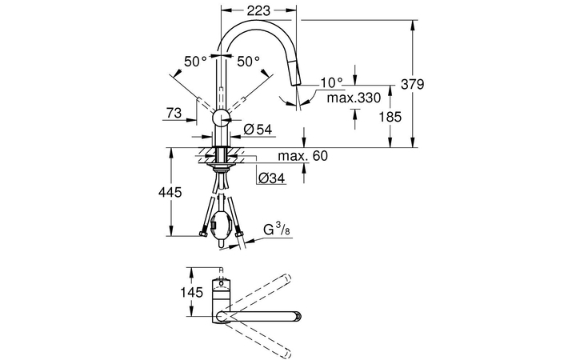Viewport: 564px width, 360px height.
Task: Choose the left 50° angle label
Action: (x=194, y=61)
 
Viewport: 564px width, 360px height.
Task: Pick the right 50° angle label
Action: (x=248, y=61)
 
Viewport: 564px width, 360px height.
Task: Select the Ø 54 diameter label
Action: (x=258, y=129)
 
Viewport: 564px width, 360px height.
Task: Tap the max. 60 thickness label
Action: (x=303, y=155)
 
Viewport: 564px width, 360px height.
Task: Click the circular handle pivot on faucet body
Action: (x=219, y=119)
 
